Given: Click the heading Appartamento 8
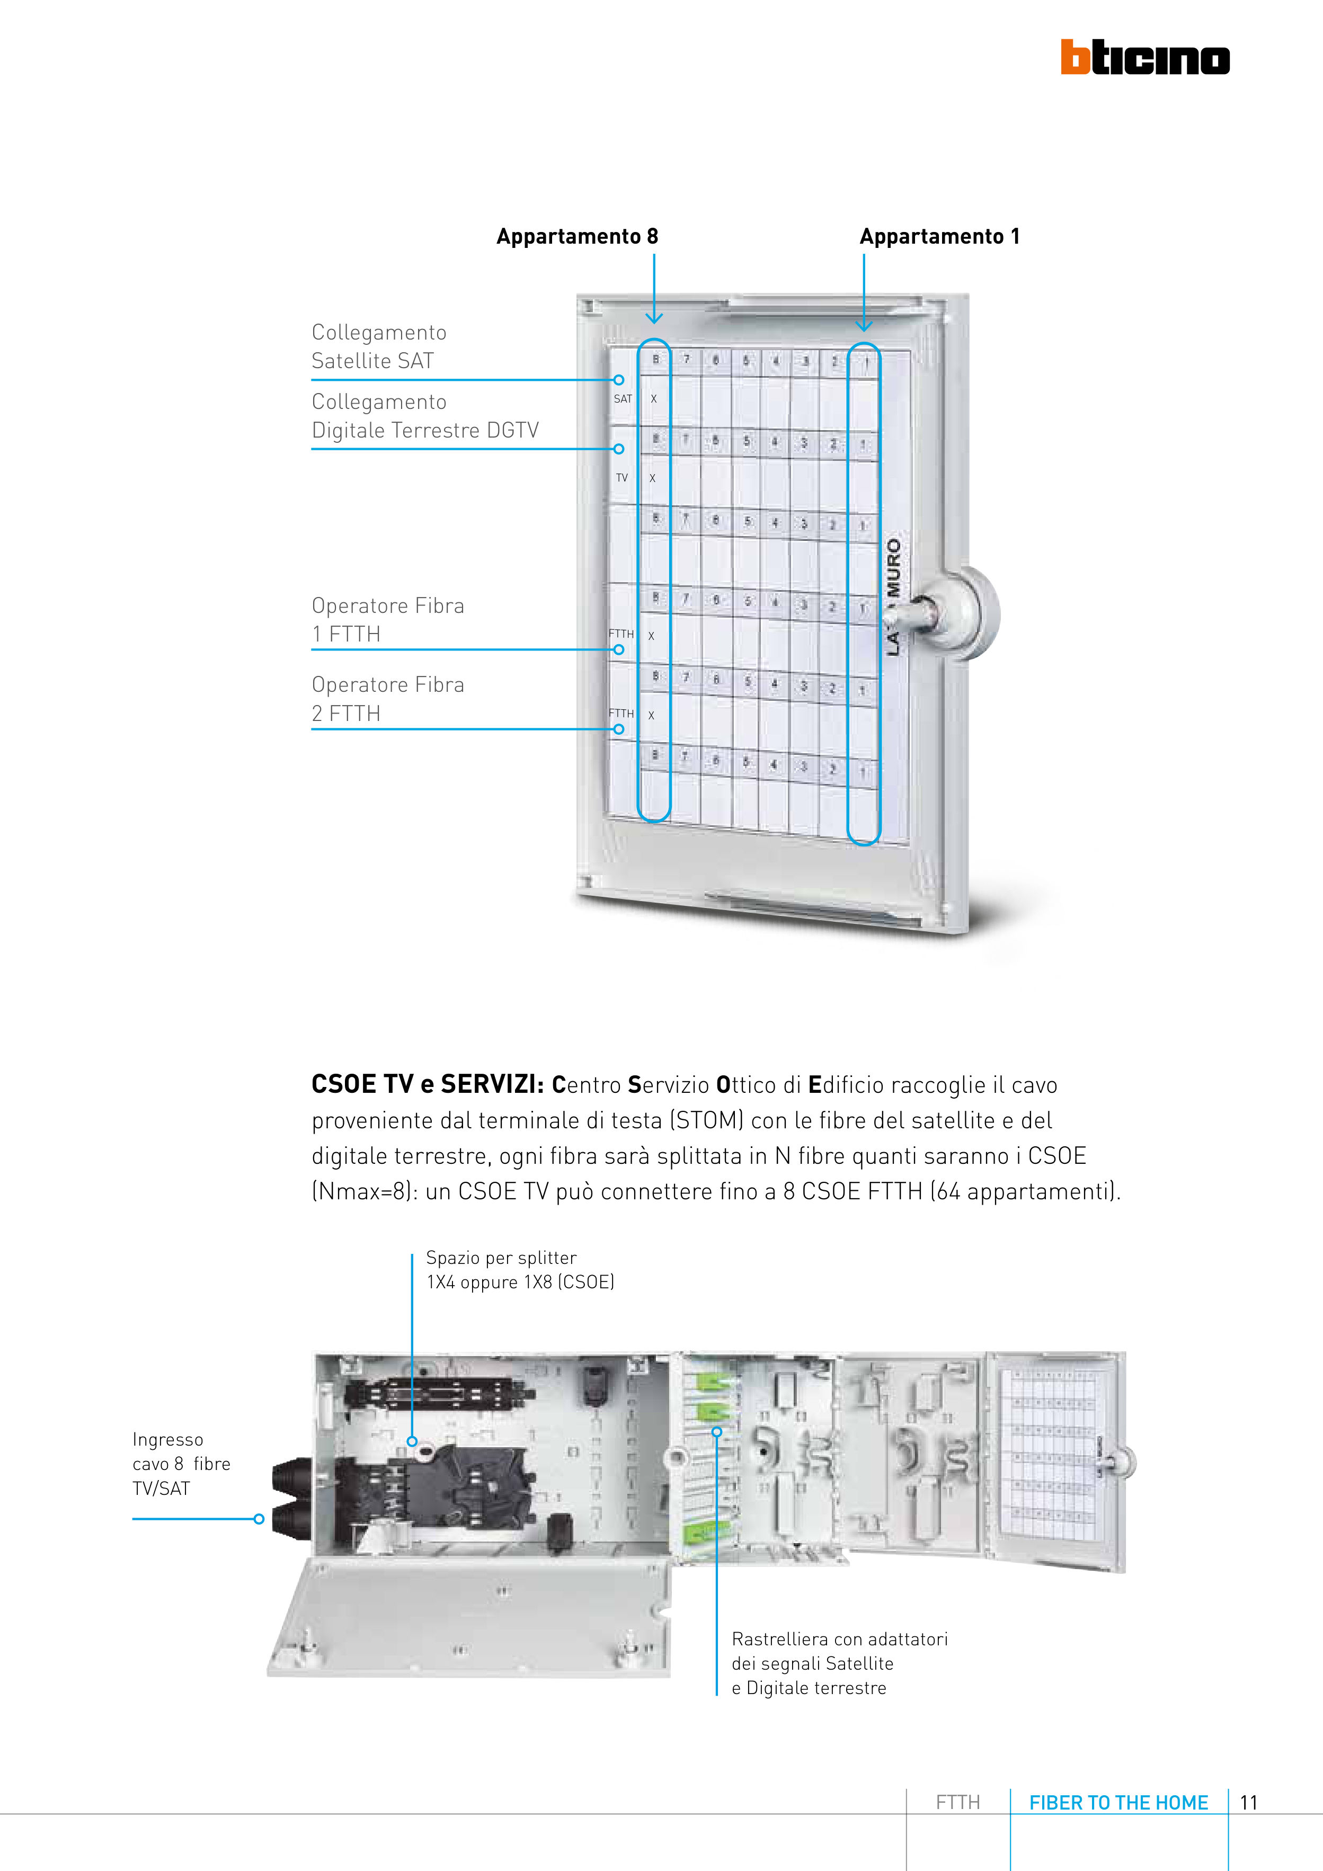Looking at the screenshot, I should tap(577, 236).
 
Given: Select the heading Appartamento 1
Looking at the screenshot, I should tap(939, 236).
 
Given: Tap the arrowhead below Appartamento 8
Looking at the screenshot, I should tap(654, 318).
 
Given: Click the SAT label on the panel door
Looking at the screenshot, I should tap(623, 398).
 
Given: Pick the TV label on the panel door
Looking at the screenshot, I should tap(622, 477).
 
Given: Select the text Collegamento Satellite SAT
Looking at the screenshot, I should tap(379, 346).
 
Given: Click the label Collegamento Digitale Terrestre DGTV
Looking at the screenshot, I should tap(425, 416).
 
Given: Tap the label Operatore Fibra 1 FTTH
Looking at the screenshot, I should tap(387, 619).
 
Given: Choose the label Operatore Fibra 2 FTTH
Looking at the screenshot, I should tap(387, 698).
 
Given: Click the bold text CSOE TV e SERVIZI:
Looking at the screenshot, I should tap(427, 1085).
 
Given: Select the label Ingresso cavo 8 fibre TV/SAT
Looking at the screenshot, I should tap(181, 1464).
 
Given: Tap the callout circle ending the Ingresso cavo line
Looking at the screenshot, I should tap(259, 1519).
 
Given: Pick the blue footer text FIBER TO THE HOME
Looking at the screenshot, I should tap(1118, 1803).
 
